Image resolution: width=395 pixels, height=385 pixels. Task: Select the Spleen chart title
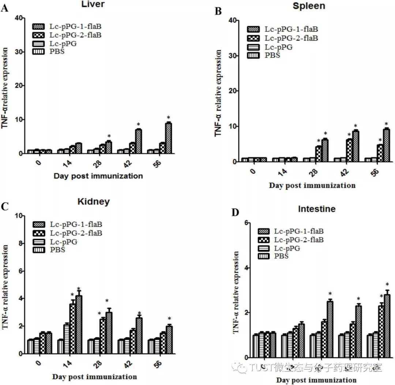[310, 7]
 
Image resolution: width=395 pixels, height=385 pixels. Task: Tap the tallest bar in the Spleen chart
[386, 145]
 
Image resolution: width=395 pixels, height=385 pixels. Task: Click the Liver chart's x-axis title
[98, 176]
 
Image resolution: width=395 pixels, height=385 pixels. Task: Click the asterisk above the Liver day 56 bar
[168, 118]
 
